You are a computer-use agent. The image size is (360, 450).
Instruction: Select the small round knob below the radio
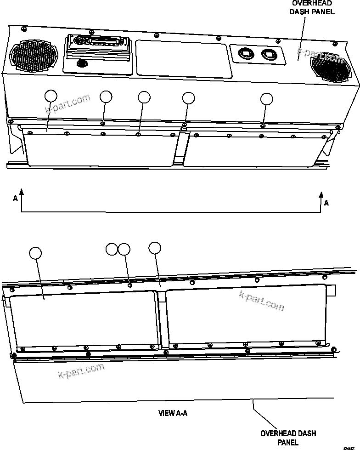[83, 63]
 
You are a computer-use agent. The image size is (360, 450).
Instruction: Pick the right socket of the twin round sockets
[269, 56]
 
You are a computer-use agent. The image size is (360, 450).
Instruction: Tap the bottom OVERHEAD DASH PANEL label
[288, 438]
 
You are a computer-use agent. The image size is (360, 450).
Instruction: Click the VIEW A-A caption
[173, 413]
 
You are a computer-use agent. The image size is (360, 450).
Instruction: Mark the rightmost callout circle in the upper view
[266, 99]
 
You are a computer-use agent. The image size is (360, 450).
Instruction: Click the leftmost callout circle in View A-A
[35, 252]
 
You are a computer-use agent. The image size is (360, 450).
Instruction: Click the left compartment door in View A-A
[83, 319]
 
